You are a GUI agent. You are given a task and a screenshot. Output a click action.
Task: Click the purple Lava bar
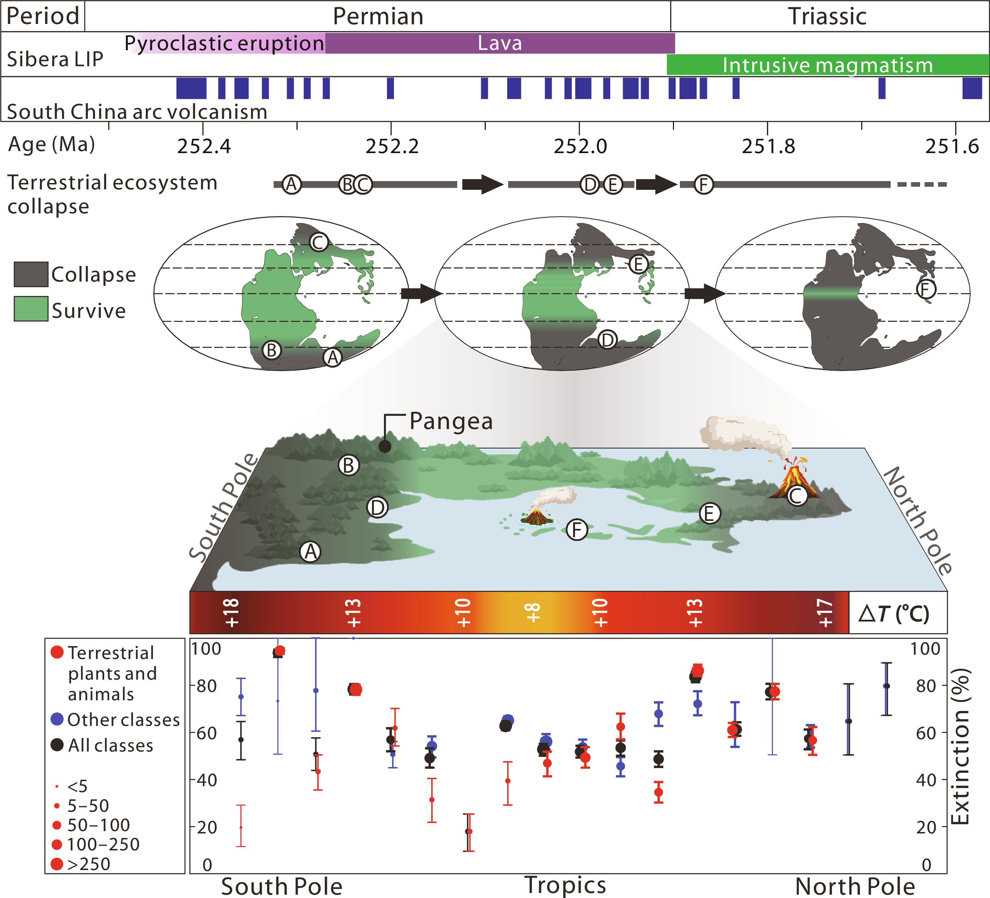click(499, 43)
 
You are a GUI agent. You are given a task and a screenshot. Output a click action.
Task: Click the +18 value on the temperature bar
click(231, 613)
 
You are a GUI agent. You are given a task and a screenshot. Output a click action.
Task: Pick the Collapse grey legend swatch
click(31, 274)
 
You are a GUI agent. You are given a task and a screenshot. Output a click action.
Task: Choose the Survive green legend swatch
click(31, 309)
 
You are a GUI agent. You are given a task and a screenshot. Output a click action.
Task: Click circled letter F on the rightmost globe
click(926, 290)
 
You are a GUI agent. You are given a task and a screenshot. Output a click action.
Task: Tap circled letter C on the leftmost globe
click(318, 242)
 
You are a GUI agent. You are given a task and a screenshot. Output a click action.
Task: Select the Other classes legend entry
click(116, 720)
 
